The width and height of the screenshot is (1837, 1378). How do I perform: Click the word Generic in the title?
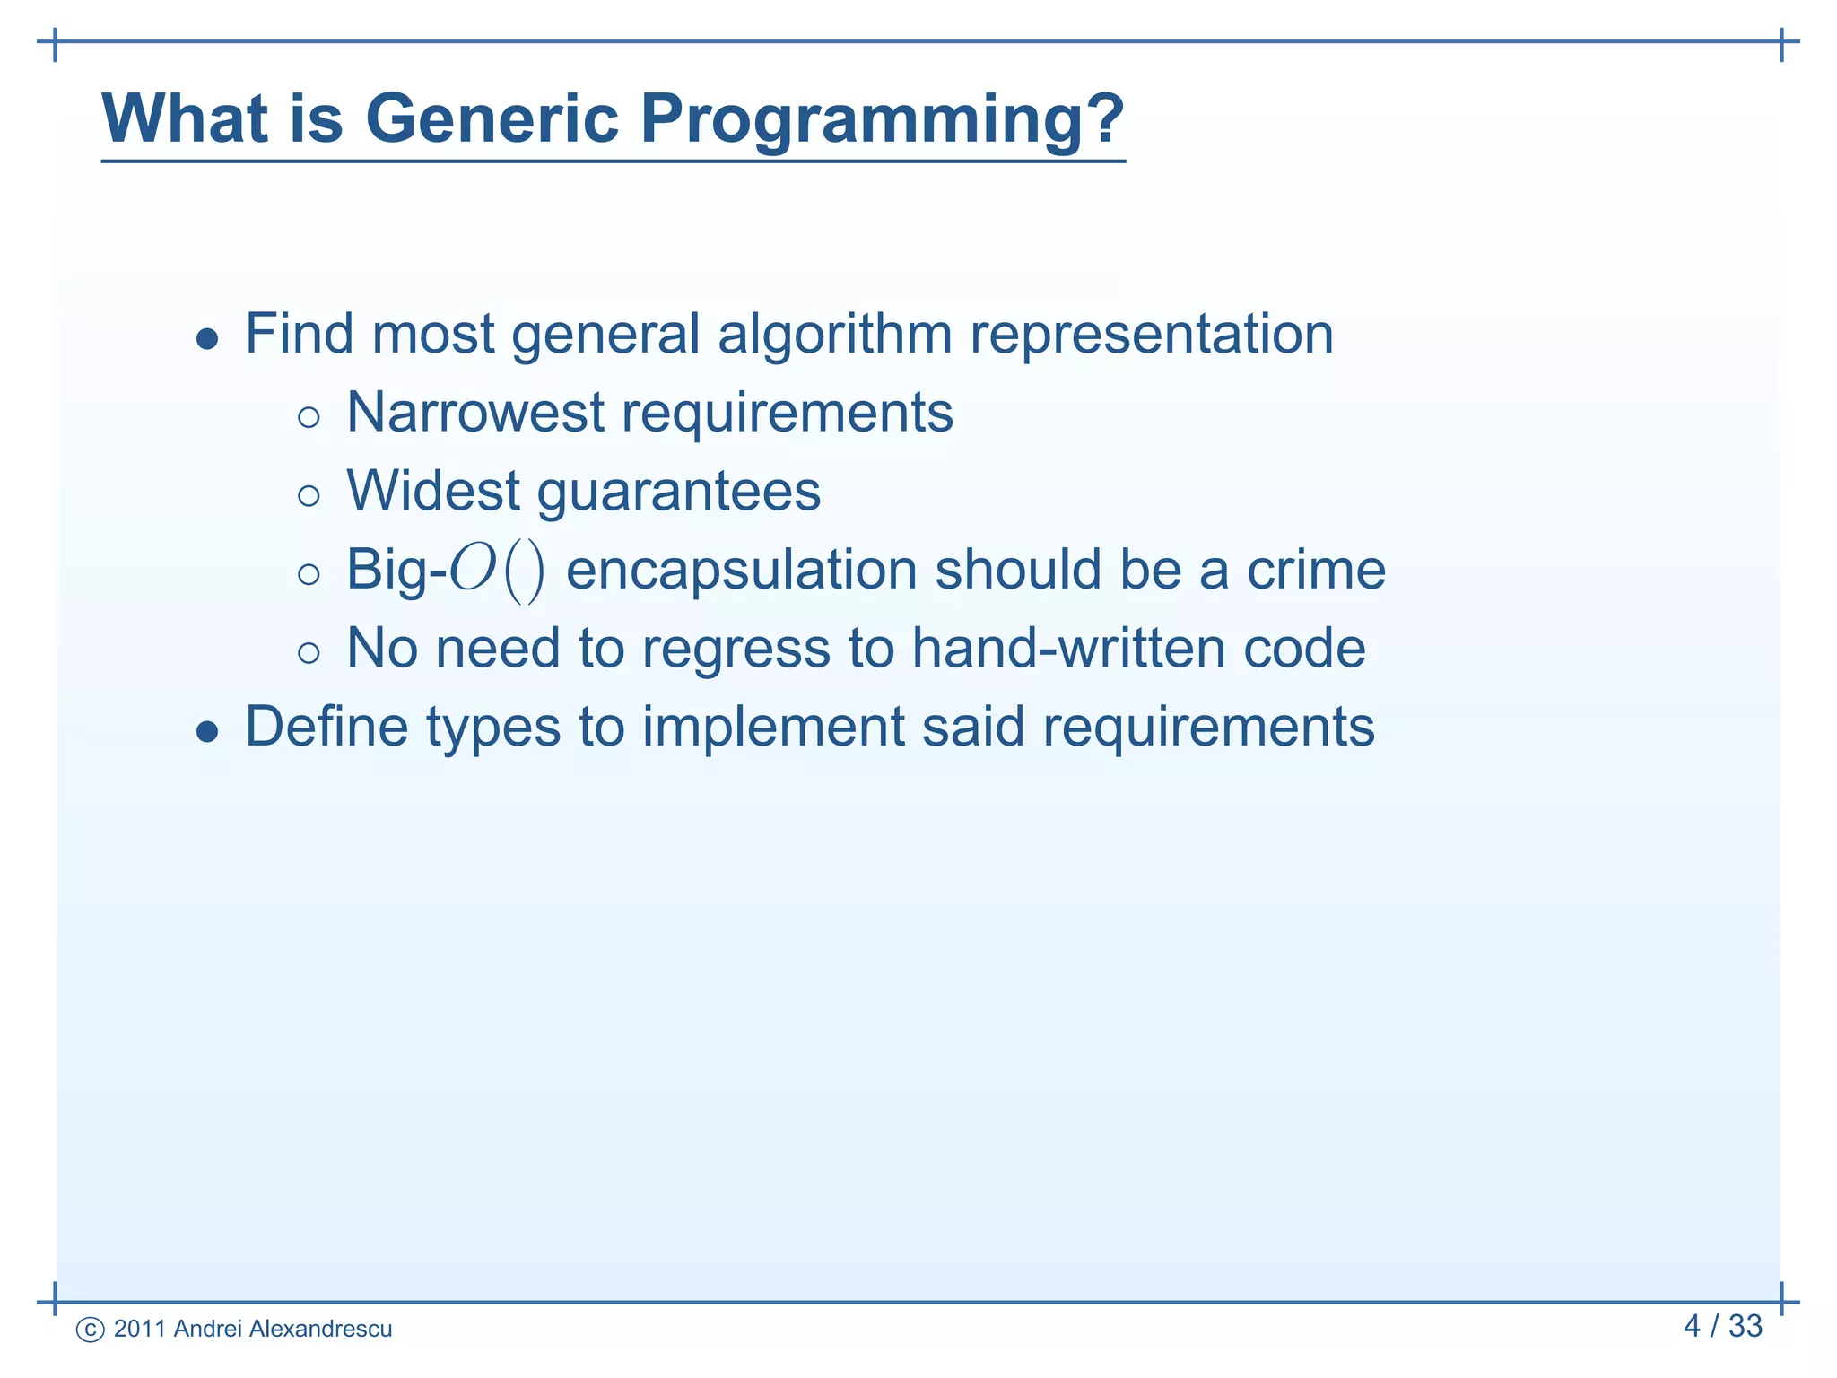click(x=492, y=118)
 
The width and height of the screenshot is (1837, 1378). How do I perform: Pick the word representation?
click(x=1152, y=335)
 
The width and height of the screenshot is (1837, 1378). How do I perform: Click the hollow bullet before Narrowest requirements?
click(x=309, y=417)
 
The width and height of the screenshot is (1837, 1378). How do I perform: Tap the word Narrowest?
click(x=475, y=413)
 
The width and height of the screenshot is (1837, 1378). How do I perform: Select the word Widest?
click(x=433, y=492)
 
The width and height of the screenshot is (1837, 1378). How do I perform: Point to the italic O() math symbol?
click(x=496, y=571)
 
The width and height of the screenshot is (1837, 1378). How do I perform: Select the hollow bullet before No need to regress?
click(x=309, y=653)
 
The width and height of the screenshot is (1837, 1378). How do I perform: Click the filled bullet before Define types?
click(x=207, y=732)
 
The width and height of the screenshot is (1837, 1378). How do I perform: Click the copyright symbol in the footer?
click(x=91, y=1330)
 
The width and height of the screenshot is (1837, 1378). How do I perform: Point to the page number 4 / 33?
click(x=1722, y=1326)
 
